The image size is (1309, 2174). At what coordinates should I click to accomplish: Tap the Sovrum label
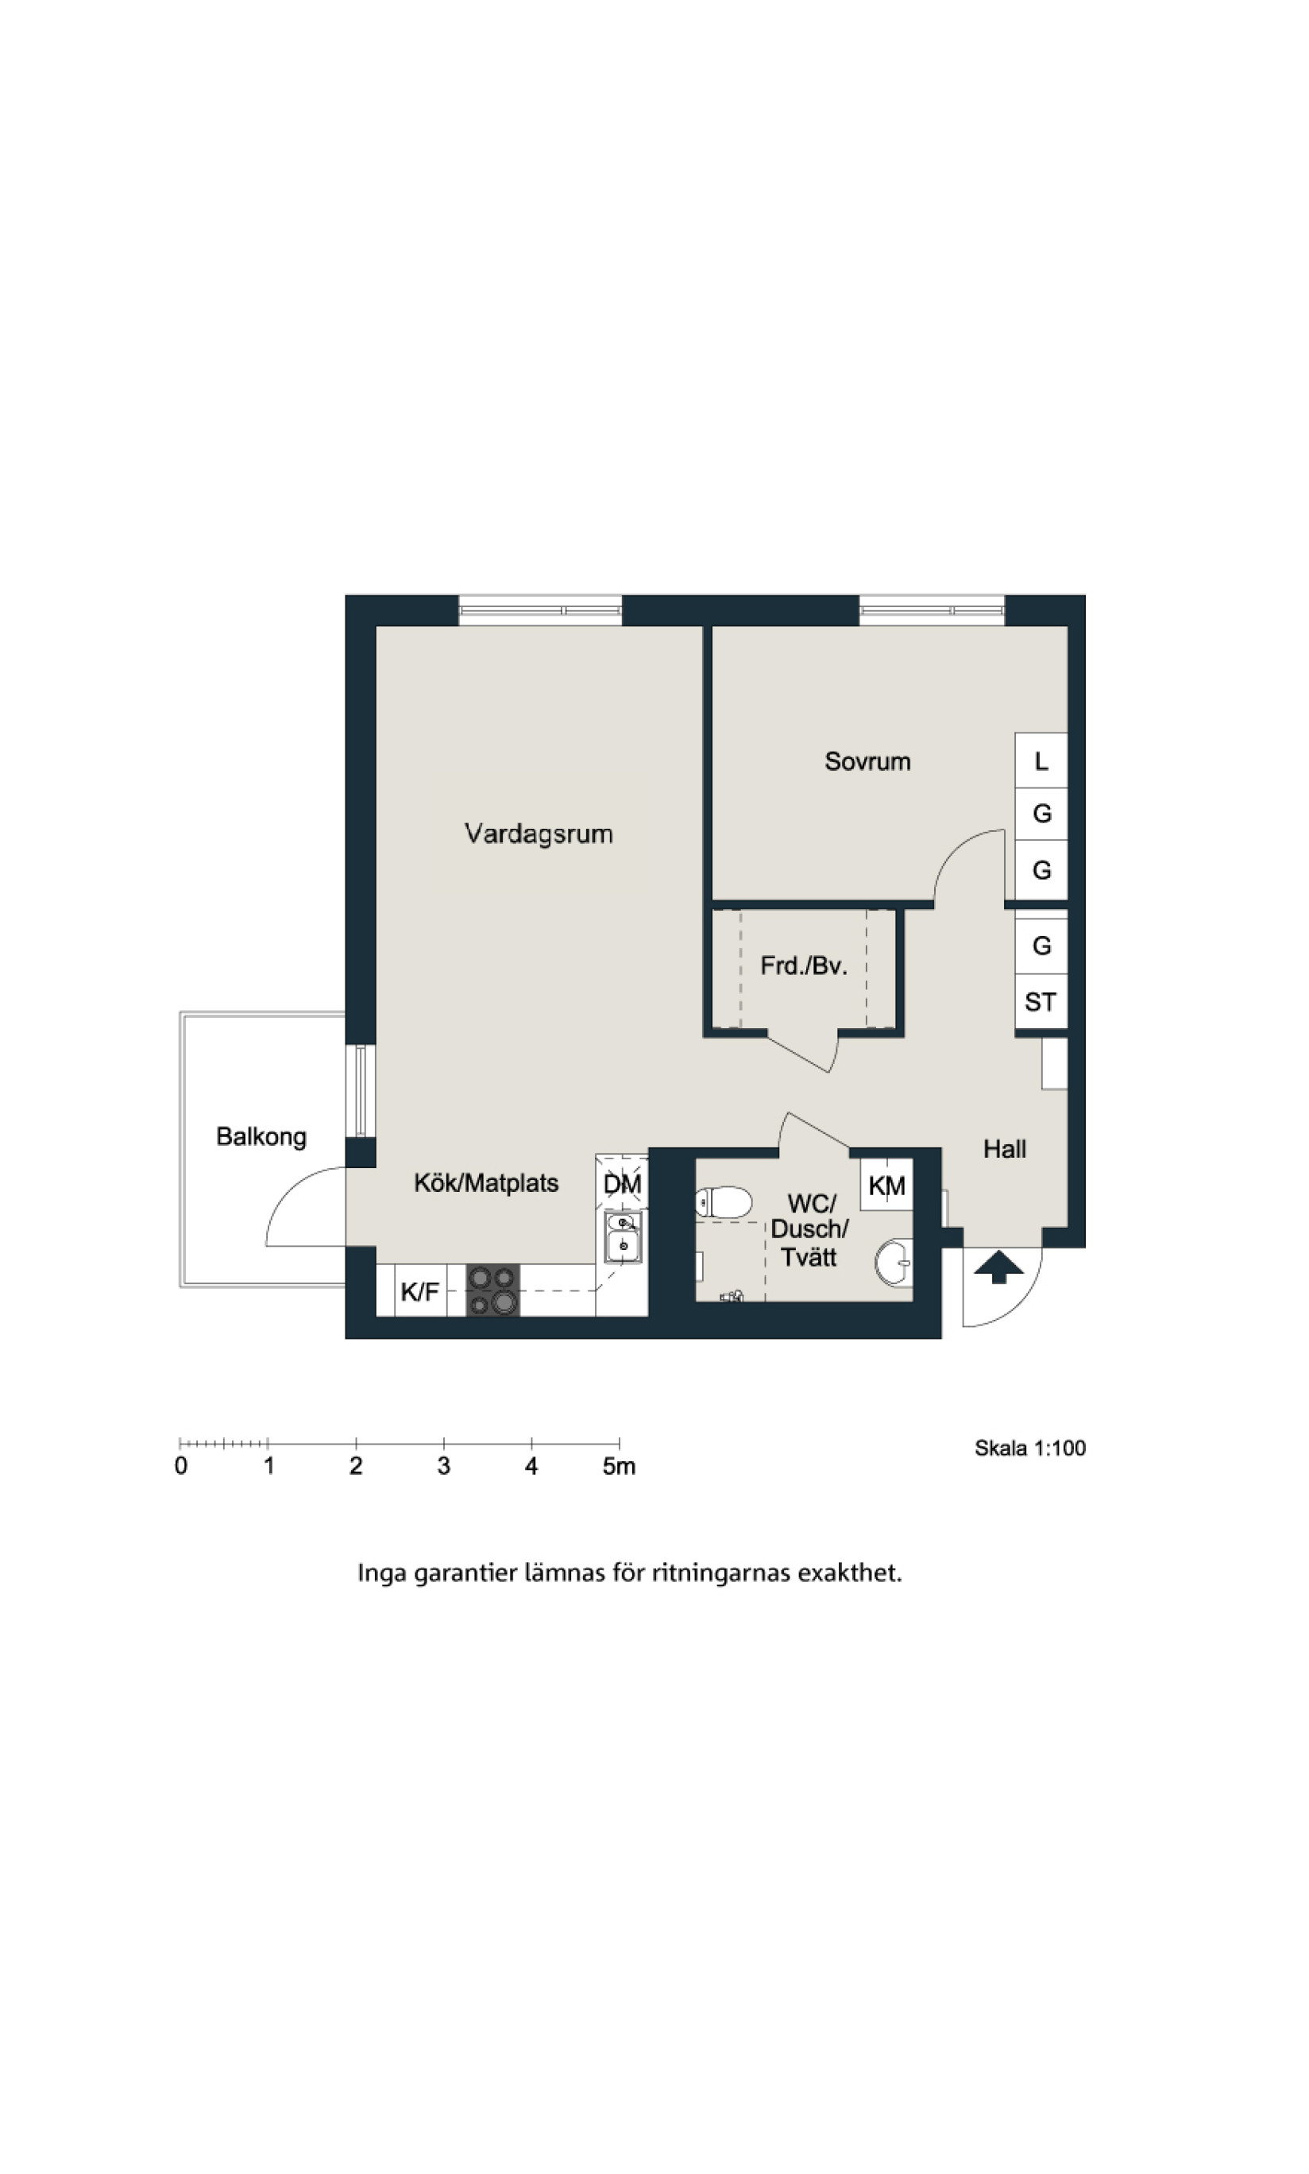(x=867, y=761)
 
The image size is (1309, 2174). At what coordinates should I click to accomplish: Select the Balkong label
(x=261, y=1136)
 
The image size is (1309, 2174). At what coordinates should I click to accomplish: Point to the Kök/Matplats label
(x=486, y=1183)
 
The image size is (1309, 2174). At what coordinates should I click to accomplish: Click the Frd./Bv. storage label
(x=804, y=966)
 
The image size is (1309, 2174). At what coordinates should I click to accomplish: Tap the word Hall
(x=1005, y=1149)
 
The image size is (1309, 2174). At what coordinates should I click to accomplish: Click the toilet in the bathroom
(x=724, y=1201)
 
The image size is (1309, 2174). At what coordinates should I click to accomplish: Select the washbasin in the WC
(x=894, y=1263)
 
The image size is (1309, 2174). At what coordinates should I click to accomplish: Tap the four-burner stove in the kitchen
(x=492, y=1290)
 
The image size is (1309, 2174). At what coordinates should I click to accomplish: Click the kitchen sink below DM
(x=623, y=1238)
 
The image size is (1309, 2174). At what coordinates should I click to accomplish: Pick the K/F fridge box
(x=420, y=1290)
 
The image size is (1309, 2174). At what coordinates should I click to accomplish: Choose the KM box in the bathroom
(x=886, y=1185)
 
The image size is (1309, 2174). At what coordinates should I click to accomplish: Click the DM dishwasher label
(x=622, y=1184)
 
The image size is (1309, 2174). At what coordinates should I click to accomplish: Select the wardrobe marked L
(x=1041, y=760)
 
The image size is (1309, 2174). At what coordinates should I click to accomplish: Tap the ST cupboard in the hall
(x=1041, y=1002)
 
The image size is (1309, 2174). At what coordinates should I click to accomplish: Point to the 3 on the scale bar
(x=444, y=1466)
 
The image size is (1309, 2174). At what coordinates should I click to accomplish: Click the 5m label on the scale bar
(x=620, y=1466)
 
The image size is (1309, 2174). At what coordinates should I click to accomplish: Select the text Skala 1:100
(x=1029, y=1448)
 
